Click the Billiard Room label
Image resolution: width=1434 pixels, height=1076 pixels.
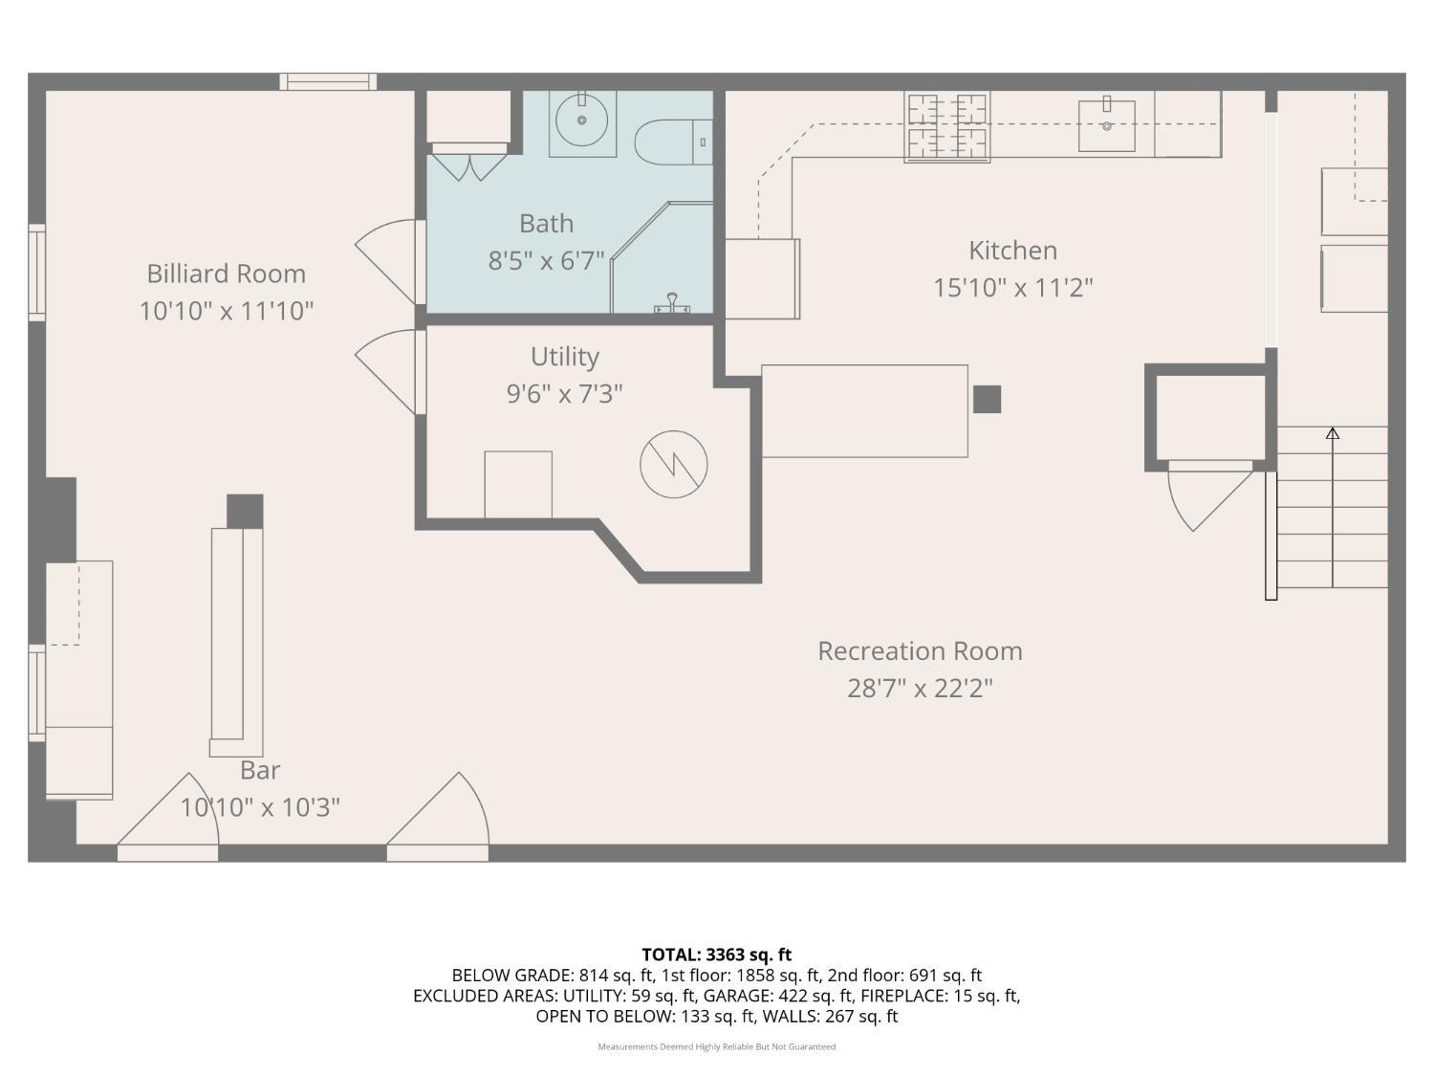pyautogui.click(x=226, y=274)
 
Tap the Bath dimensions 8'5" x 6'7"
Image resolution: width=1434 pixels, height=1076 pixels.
pyautogui.click(x=546, y=261)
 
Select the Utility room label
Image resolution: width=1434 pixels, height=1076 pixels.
pyautogui.click(x=564, y=357)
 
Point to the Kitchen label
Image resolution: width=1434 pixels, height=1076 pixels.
pyautogui.click(x=1012, y=251)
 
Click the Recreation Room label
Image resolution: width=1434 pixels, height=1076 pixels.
pyautogui.click(x=920, y=650)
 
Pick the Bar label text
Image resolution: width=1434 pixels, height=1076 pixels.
pyautogui.click(x=260, y=770)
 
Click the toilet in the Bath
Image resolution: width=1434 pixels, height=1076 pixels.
pyautogui.click(x=674, y=143)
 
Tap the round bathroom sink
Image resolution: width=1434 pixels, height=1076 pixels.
pyautogui.click(x=581, y=120)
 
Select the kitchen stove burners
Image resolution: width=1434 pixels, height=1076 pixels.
pyautogui.click(x=946, y=127)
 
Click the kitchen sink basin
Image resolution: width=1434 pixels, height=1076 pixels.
pyautogui.click(x=1107, y=125)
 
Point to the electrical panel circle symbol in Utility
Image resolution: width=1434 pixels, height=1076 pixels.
pyautogui.click(x=674, y=465)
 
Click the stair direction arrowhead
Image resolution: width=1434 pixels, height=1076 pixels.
pyautogui.click(x=1333, y=432)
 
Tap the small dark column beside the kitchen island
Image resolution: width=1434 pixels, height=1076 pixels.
pyautogui.click(x=987, y=399)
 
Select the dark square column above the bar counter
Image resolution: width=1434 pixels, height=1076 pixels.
pyautogui.click(x=245, y=512)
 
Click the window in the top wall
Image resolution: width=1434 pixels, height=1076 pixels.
pyautogui.click(x=328, y=81)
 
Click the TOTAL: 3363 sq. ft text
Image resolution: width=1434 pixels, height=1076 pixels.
pyautogui.click(x=717, y=955)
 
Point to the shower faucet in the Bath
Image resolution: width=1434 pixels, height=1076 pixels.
pyautogui.click(x=672, y=304)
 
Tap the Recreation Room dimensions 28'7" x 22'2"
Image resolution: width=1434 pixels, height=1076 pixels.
pyautogui.click(x=920, y=689)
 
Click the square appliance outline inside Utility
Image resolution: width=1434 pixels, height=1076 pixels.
pyautogui.click(x=518, y=485)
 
